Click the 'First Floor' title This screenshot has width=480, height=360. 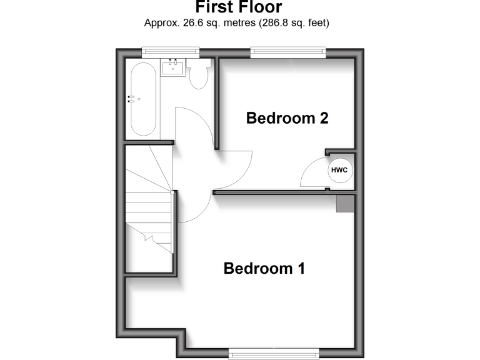(238, 7)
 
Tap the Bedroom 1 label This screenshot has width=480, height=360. (264, 268)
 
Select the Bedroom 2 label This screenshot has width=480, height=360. (287, 117)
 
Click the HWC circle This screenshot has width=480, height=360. (339, 170)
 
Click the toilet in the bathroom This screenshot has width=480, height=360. (199, 76)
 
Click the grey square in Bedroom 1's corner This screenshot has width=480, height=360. (345, 204)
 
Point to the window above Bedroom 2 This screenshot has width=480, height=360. (289, 52)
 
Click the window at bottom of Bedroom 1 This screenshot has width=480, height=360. (274, 354)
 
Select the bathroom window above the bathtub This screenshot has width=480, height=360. (170, 52)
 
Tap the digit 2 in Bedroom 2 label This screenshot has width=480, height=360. (323, 117)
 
